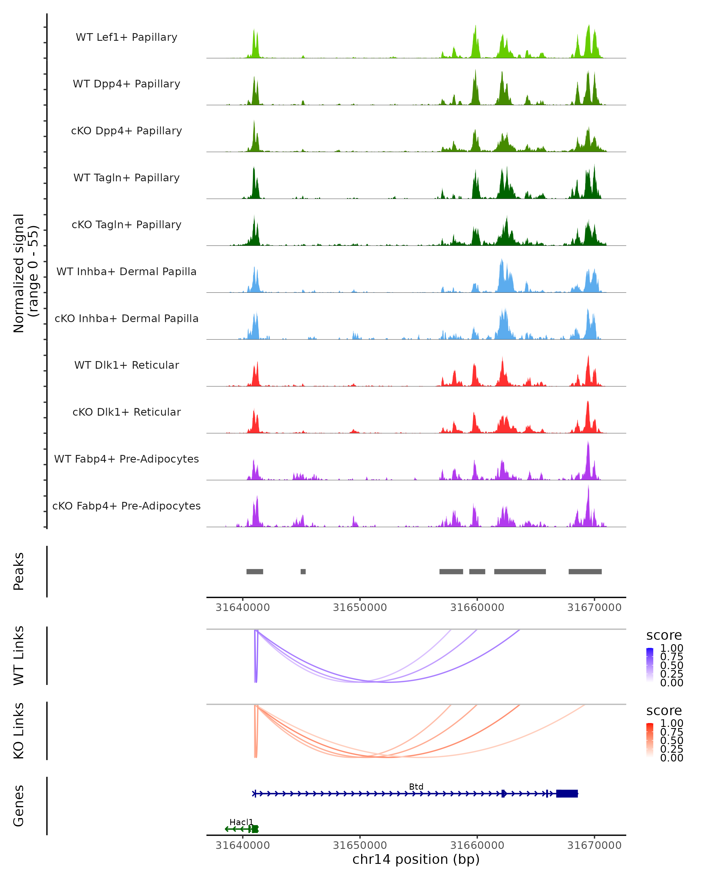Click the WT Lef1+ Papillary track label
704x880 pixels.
click(x=126, y=37)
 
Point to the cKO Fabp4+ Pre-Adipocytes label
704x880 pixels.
click(x=126, y=506)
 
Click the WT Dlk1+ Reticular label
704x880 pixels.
click(x=126, y=365)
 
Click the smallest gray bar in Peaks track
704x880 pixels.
click(x=303, y=572)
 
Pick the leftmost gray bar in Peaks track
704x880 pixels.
click(x=255, y=572)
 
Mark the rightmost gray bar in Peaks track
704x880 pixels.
click(x=585, y=572)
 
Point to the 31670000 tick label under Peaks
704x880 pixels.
click(x=594, y=608)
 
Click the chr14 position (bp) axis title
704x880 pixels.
click(x=416, y=859)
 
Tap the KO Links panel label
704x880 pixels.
click(x=19, y=731)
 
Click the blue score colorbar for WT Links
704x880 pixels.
click(x=650, y=665)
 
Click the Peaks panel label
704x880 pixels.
click(x=19, y=571)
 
